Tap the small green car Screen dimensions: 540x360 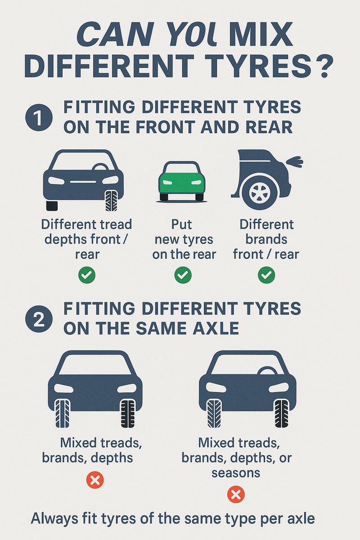point(182,181)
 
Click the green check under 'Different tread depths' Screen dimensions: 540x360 point(86,274)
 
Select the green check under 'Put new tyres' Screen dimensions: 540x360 point(183,274)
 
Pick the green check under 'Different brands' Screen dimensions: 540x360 point(266,274)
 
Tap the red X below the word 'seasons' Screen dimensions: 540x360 point(236,495)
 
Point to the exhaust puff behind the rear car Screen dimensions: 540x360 point(295,161)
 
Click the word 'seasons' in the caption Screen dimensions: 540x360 point(236,473)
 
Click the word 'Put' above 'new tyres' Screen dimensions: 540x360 point(183,224)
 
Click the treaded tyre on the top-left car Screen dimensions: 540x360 point(111,200)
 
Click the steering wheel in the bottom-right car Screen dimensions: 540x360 point(267,371)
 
